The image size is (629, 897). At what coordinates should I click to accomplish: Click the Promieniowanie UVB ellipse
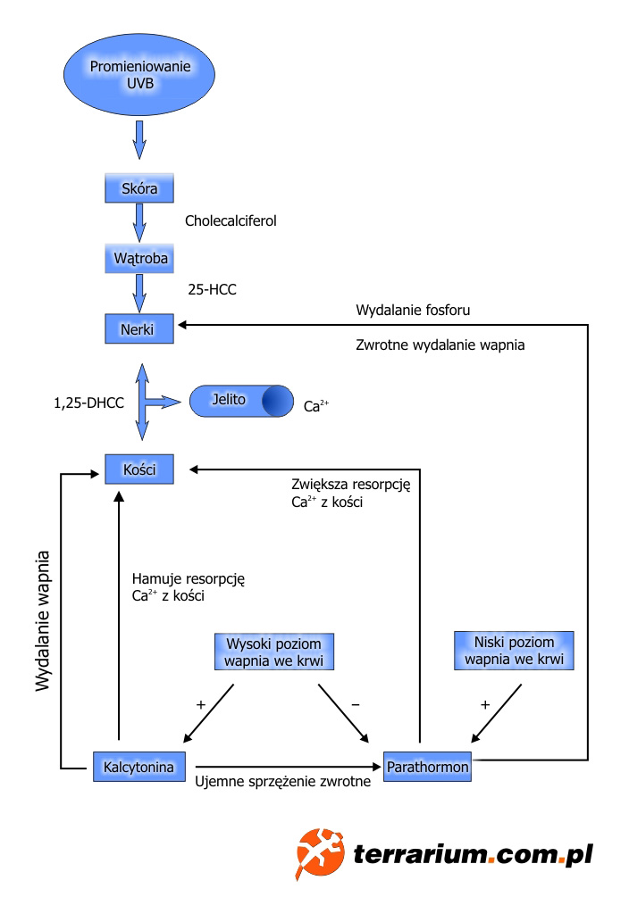tap(139, 72)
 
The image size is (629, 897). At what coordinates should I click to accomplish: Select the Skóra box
tap(138, 190)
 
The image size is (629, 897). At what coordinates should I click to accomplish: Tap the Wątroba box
tap(138, 259)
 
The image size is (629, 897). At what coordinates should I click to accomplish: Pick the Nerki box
tap(138, 328)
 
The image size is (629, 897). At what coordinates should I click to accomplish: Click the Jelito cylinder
tap(240, 401)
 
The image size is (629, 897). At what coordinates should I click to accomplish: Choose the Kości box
tap(138, 469)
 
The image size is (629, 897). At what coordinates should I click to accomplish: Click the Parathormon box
tap(426, 766)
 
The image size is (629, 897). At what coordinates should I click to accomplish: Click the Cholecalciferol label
tap(231, 219)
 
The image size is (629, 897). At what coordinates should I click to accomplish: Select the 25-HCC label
tap(212, 289)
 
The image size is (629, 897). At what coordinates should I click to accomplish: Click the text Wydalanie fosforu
tap(413, 311)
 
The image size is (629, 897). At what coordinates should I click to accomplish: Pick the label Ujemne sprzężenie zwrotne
tap(281, 784)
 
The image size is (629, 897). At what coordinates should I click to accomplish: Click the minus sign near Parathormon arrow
tap(355, 704)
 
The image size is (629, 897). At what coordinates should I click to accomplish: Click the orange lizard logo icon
tap(320, 853)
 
